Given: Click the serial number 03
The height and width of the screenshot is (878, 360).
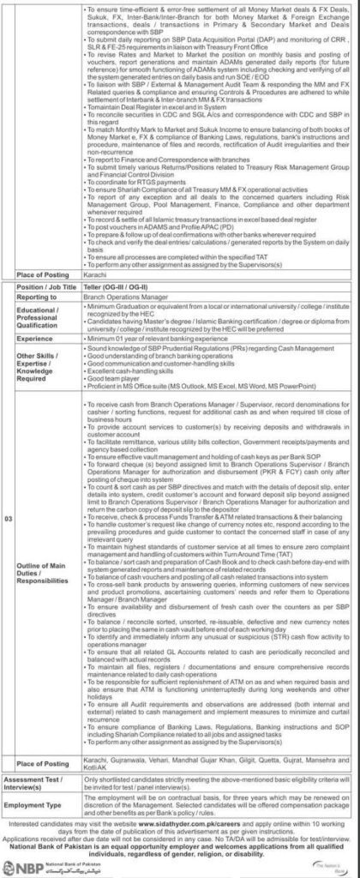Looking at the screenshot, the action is point(9,591).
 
